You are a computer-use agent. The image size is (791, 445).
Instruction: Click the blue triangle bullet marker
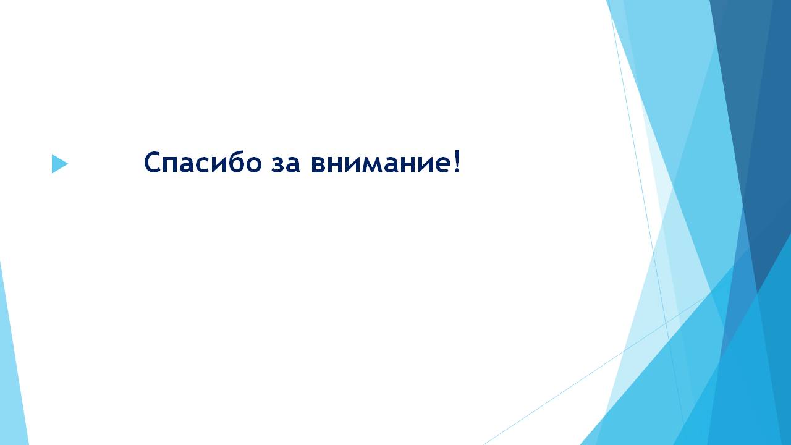[x=59, y=164]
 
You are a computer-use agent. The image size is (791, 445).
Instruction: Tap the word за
[x=286, y=164]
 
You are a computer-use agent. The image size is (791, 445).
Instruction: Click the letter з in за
[x=277, y=164]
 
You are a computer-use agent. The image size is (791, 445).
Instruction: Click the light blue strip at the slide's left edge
[x=13, y=353]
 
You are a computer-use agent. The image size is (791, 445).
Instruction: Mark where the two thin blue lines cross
[x=666, y=323]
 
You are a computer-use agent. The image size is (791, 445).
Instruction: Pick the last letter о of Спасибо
[x=253, y=164]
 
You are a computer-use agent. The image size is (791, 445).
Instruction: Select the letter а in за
[x=293, y=164]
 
